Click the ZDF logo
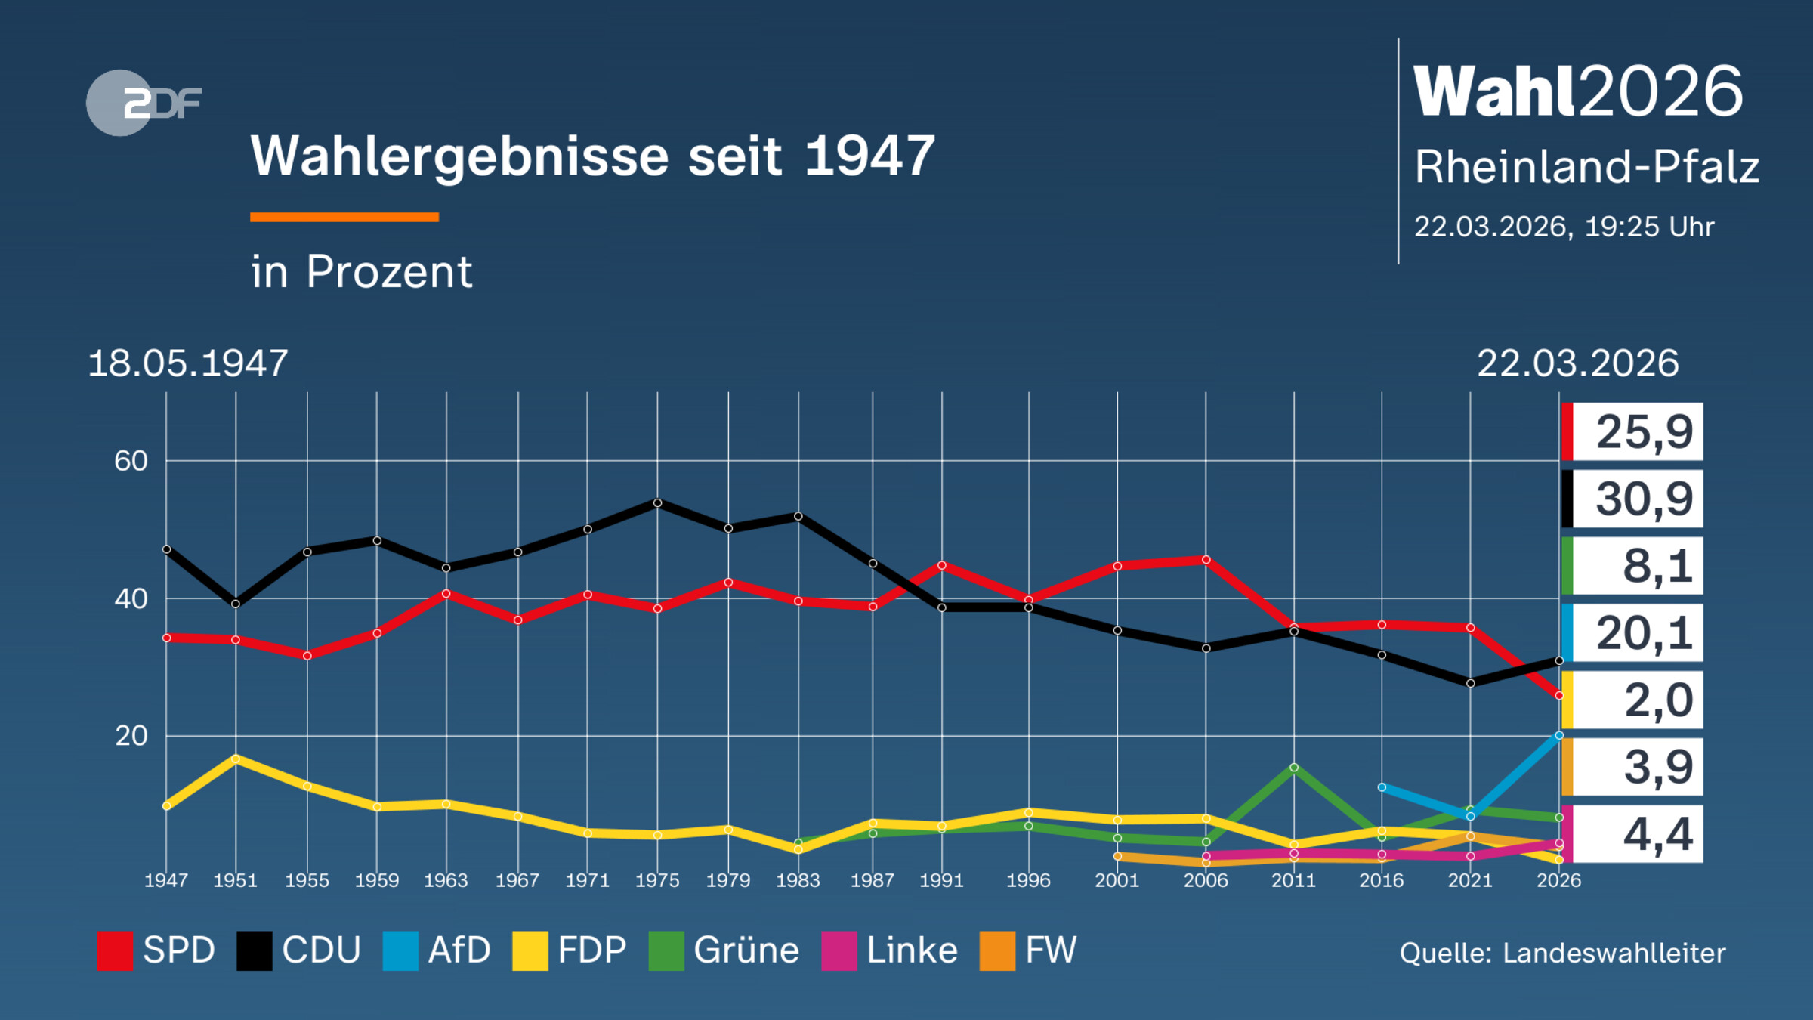click(144, 103)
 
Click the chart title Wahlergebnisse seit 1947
click(592, 156)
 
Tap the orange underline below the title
click(344, 218)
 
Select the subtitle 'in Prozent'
click(361, 271)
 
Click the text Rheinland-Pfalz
click(1586, 167)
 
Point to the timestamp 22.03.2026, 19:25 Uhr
click(1564, 227)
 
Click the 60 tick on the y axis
click(131, 461)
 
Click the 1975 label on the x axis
click(657, 880)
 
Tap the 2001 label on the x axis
click(1117, 880)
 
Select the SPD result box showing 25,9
click(1633, 432)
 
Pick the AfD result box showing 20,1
click(1633, 633)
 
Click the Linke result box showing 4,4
click(1633, 834)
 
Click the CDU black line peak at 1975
click(657, 503)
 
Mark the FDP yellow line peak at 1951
click(236, 758)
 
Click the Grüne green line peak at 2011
click(1294, 768)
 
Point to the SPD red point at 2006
click(1206, 560)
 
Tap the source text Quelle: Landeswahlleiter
click(1562, 954)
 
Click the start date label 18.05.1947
click(187, 363)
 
